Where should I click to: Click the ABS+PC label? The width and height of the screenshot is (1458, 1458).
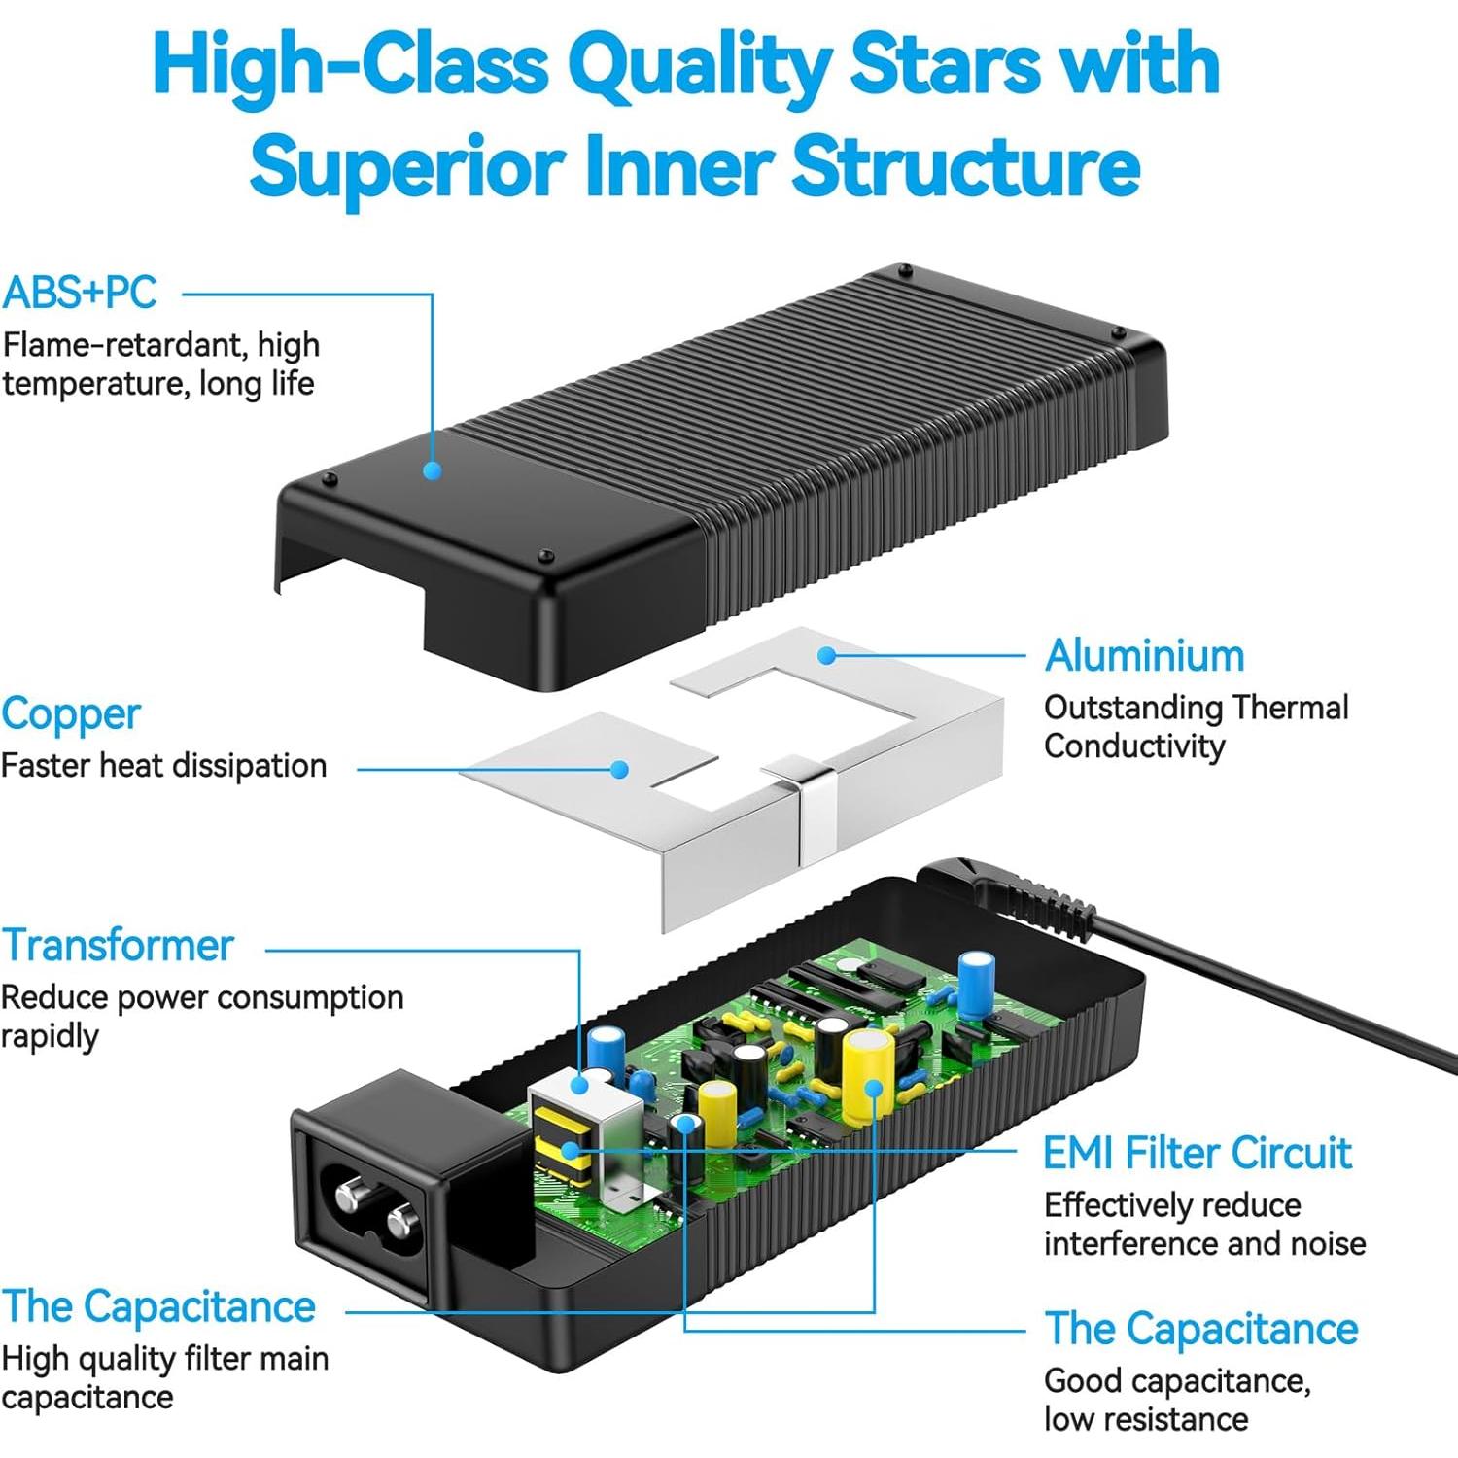80,293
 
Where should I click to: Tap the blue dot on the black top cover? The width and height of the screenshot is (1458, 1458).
433,470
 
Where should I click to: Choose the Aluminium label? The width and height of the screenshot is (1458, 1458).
1145,656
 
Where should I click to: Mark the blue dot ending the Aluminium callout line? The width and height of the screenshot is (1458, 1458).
826,656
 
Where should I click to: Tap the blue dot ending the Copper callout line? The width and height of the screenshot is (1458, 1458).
619,769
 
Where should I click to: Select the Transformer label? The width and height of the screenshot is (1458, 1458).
118,945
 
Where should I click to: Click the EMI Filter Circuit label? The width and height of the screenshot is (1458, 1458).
1198,1154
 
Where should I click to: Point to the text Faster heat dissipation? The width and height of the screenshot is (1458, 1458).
164,766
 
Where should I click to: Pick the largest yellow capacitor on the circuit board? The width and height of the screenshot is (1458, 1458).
868,1077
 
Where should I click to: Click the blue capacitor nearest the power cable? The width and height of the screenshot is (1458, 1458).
976,984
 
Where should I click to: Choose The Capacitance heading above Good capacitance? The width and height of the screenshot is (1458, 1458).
1201,1329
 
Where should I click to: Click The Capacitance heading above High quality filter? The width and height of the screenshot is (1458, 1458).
158,1306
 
